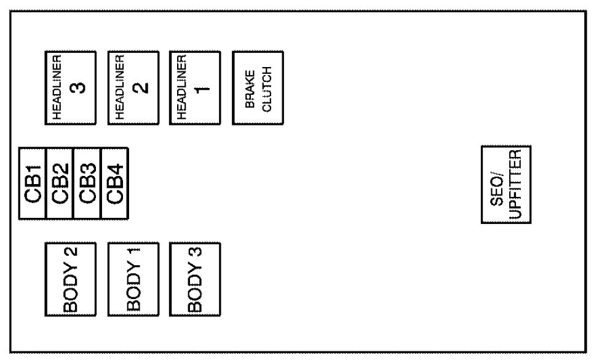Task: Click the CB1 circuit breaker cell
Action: (x=33, y=183)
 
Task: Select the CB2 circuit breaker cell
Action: (x=60, y=183)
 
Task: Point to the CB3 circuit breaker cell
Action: (x=87, y=183)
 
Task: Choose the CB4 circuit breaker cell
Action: (x=114, y=183)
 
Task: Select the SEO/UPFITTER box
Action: (x=505, y=185)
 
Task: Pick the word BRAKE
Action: (x=251, y=87)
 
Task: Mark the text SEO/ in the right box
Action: (x=499, y=185)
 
